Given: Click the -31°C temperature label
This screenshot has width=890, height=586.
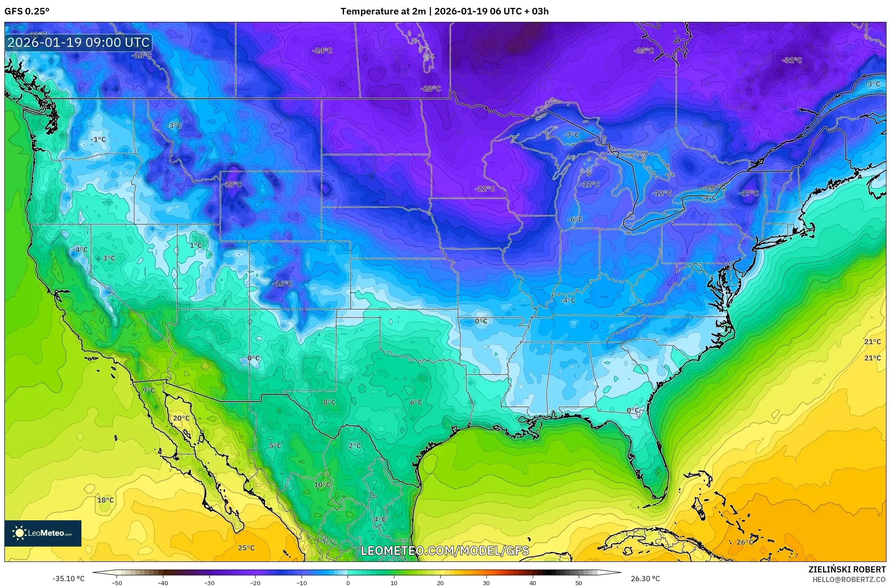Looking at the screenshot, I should (792, 60).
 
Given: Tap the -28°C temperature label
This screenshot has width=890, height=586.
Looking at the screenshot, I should (430, 89).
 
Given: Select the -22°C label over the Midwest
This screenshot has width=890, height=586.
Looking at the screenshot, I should (485, 189).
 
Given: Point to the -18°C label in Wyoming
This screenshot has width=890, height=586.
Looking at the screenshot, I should (232, 184).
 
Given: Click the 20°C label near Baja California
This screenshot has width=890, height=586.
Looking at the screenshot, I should (181, 418).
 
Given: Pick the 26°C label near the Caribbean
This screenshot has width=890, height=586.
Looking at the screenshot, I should (745, 542).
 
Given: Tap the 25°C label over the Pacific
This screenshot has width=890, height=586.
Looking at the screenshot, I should (246, 548).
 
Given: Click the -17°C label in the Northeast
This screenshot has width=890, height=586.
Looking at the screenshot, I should (748, 193).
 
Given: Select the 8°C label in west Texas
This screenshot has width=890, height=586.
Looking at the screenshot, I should (329, 402).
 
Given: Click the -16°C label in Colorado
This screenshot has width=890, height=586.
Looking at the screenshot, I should (282, 284).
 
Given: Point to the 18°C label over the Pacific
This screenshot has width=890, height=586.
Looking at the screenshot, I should (105, 500).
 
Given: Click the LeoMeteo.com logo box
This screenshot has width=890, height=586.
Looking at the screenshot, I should (43, 533).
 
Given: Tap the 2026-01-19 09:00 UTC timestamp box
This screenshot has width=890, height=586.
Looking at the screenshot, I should (78, 42).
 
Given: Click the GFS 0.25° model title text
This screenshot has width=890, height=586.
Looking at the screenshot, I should (27, 11).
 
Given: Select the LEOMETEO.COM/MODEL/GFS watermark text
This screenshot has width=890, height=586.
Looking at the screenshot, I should (444, 551).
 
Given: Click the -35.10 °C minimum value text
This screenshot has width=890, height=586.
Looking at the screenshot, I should (68, 579).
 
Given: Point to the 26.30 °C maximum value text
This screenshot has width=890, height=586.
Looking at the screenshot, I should (645, 579).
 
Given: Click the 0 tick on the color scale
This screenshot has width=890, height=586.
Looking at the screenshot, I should (348, 583).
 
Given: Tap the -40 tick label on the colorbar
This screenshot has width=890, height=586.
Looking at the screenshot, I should (163, 583).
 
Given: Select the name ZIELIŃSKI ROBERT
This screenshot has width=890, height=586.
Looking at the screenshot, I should (847, 570).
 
